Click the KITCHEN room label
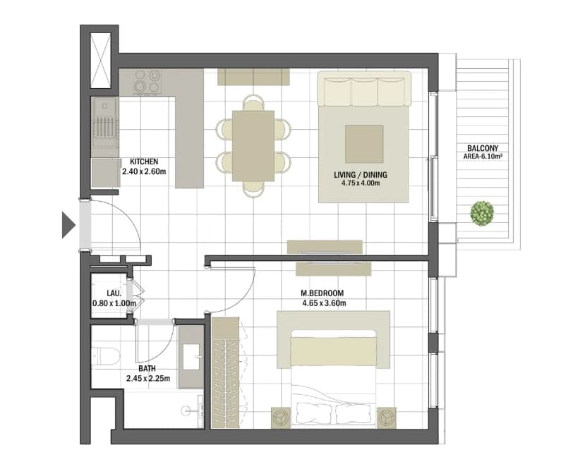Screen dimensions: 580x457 pyautogui.click(x=144, y=162)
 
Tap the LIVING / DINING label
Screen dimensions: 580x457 pyautogui.click(x=361, y=175)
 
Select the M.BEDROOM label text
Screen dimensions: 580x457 pyautogui.click(x=322, y=293)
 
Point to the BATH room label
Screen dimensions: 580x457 pyautogui.click(x=147, y=369)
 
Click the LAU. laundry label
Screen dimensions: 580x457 pyautogui.click(x=114, y=293)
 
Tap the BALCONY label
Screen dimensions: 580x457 pyautogui.click(x=483, y=148)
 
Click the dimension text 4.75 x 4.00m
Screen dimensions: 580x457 pyautogui.click(x=361, y=183)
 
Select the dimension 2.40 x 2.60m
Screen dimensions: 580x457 pyautogui.click(x=144, y=171)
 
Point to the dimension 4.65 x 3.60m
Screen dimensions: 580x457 pyautogui.click(x=324, y=303)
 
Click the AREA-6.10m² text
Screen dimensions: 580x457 pyautogui.click(x=483, y=157)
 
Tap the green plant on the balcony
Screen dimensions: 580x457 pyautogui.click(x=482, y=214)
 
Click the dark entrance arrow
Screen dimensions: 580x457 pyautogui.click(x=68, y=225)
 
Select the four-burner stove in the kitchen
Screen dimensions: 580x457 pyautogui.click(x=147, y=81)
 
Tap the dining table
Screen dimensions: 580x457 pyautogui.click(x=253, y=146)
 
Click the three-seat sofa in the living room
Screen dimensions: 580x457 pyautogui.click(x=364, y=89)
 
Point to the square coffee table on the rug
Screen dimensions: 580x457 pyautogui.click(x=364, y=144)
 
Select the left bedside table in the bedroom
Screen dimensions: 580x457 pyautogui.click(x=282, y=418)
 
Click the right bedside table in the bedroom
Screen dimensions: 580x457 pyautogui.click(x=387, y=418)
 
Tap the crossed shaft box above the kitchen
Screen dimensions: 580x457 pyautogui.click(x=101, y=61)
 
